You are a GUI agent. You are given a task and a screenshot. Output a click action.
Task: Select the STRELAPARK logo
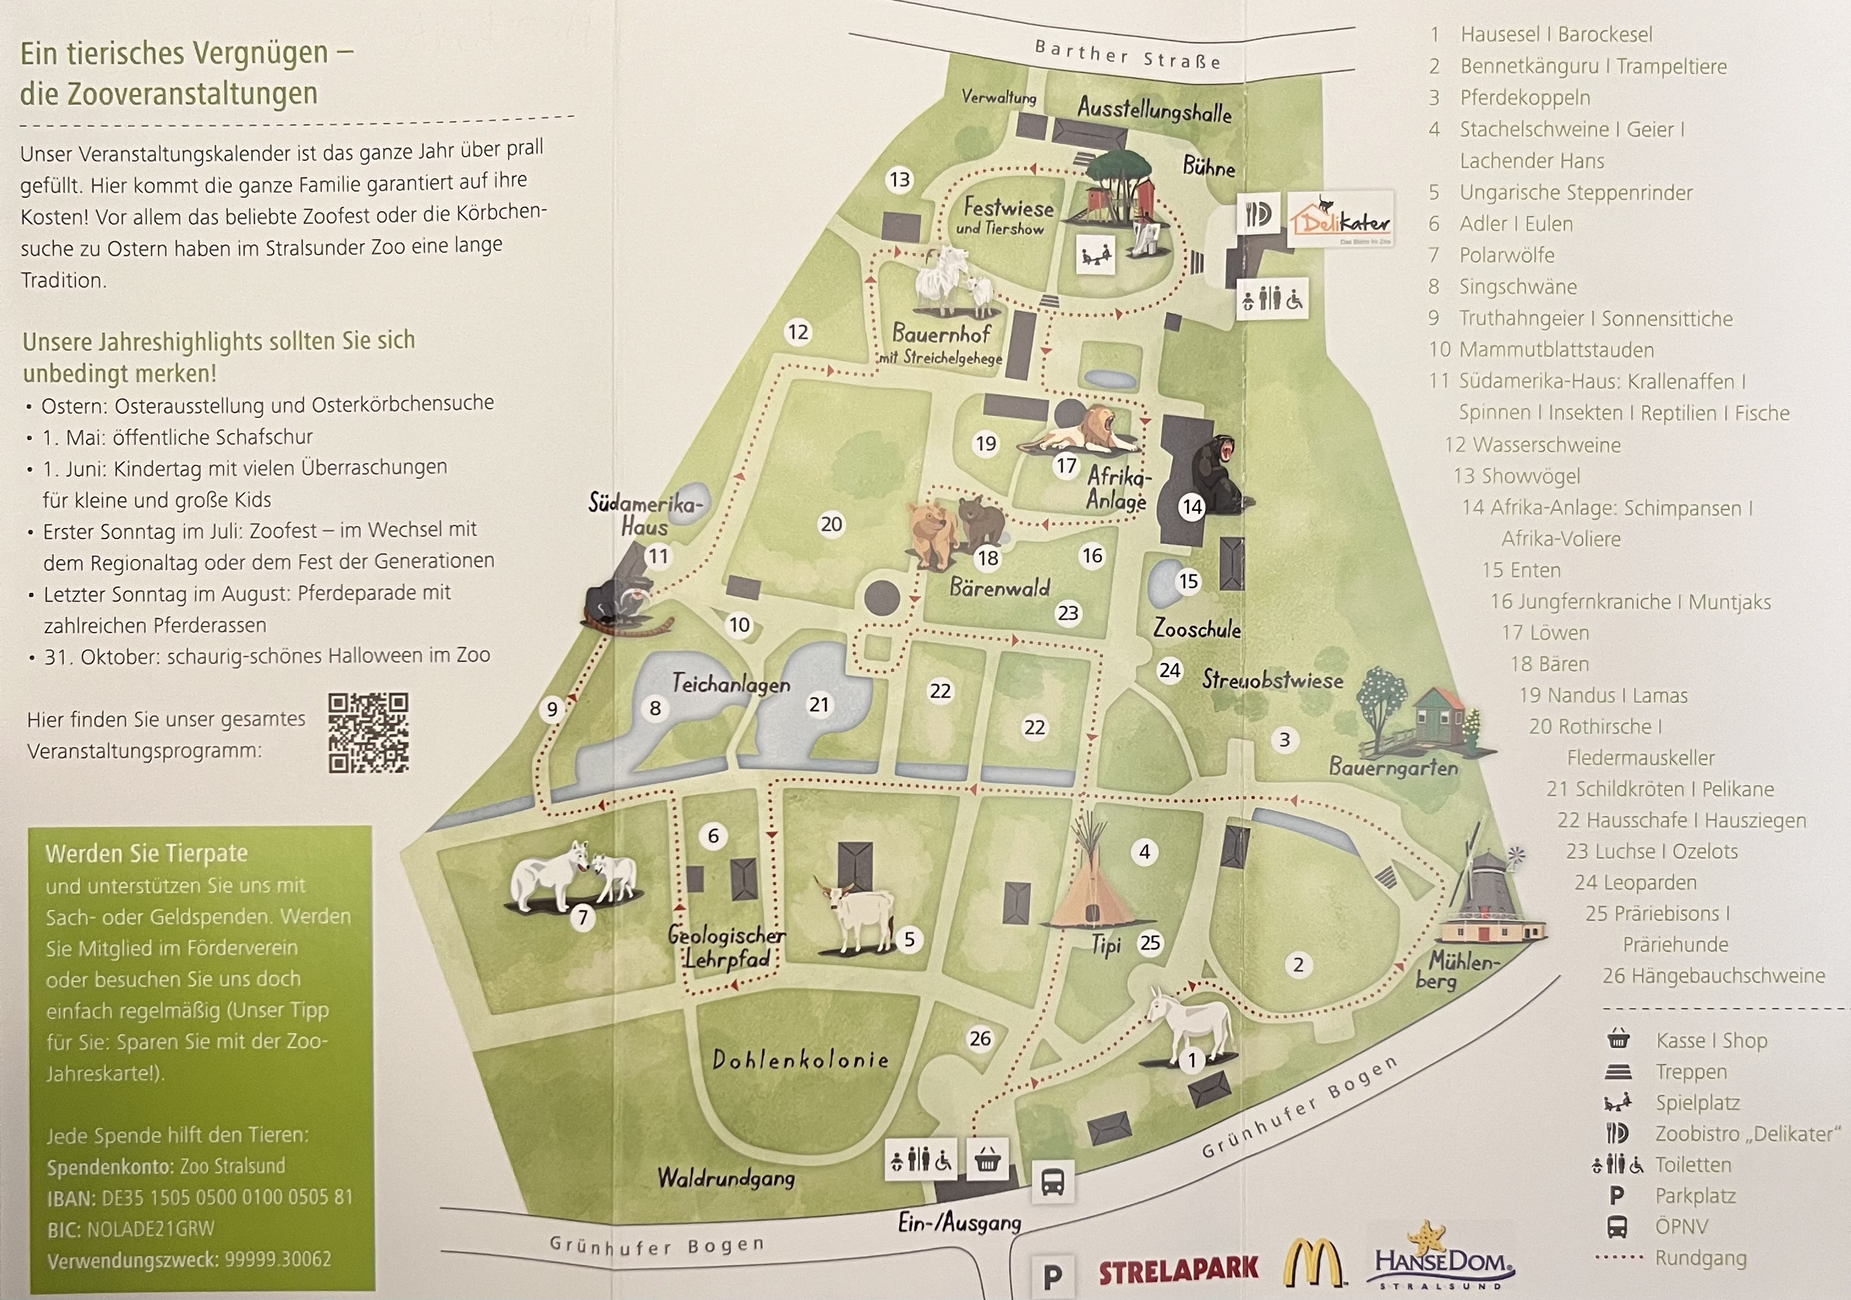(1178, 1270)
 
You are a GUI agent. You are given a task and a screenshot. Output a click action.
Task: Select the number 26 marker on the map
(979, 1039)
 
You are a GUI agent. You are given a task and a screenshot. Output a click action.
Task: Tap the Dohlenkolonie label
(801, 1060)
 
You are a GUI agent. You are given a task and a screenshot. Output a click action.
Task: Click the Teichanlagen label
(731, 684)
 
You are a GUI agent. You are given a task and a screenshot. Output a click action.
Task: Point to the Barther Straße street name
(1127, 54)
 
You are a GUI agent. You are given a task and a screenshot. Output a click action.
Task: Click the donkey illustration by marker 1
(1190, 1028)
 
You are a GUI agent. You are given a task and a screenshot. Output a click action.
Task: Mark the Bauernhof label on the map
(941, 333)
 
